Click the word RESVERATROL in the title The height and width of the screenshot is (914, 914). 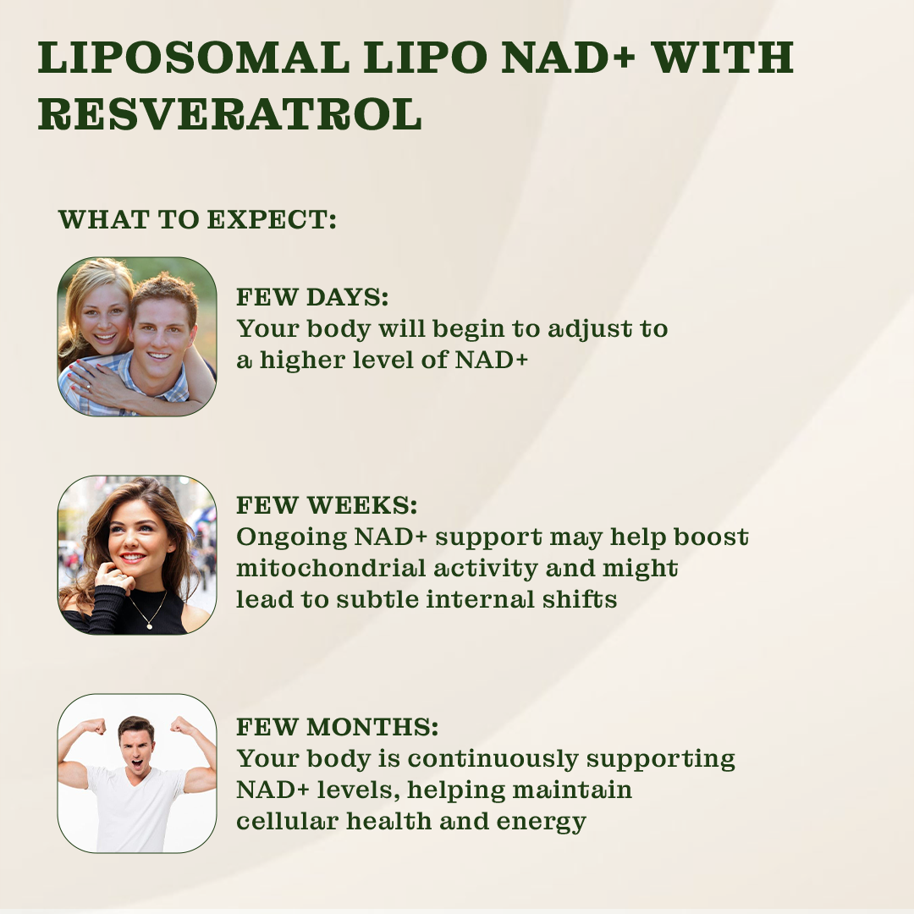(x=229, y=114)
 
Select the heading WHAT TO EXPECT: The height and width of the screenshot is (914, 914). (x=197, y=220)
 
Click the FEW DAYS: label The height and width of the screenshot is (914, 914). (x=311, y=297)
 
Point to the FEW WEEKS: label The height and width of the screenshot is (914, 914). (x=327, y=505)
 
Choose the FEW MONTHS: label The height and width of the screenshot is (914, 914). (x=337, y=726)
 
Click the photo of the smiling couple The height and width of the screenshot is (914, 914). (x=137, y=336)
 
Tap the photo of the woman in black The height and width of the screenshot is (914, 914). (x=137, y=554)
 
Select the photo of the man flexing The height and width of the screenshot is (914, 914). (x=137, y=773)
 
